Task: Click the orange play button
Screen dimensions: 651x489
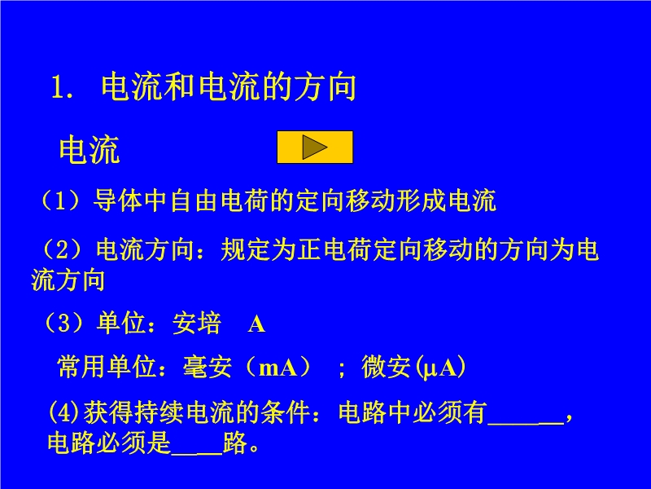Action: click(x=315, y=148)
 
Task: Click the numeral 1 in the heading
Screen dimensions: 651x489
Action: click(x=58, y=88)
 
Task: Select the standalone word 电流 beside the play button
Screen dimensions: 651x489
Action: click(x=90, y=150)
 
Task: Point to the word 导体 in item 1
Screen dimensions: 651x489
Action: click(x=118, y=200)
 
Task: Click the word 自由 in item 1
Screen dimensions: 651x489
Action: click(x=194, y=200)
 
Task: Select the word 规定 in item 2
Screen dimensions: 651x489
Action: click(x=246, y=249)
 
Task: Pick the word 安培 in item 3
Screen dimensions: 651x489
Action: click(x=197, y=323)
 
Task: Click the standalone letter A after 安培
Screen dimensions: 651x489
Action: click(x=256, y=324)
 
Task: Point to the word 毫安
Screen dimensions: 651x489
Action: click(x=208, y=367)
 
